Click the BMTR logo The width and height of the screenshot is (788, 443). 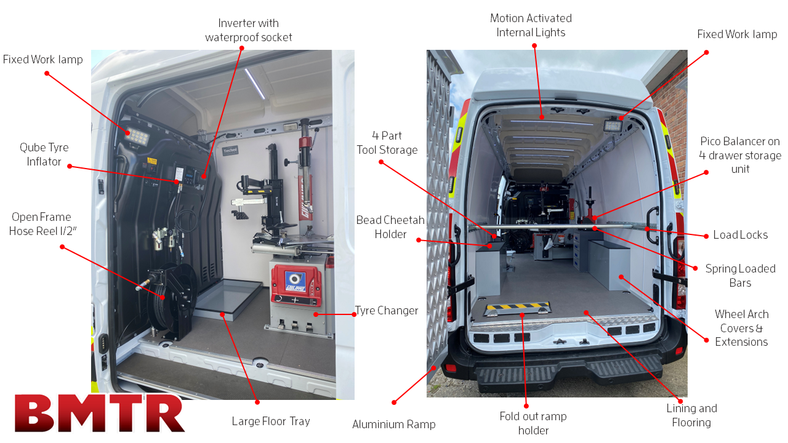tap(100, 413)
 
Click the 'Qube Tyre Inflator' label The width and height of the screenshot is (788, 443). tap(44, 154)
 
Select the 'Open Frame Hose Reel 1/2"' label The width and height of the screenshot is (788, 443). tap(42, 223)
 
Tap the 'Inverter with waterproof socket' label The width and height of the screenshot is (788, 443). tap(248, 30)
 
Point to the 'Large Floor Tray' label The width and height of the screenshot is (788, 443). tap(271, 421)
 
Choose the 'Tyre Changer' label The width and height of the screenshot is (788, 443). tap(387, 311)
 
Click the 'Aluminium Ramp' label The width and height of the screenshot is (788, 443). tap(393, 425)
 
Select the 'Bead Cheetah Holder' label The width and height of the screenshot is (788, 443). tap(390, 227)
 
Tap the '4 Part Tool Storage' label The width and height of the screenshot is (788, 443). tap(387, 143)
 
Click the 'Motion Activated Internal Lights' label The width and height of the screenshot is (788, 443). tap(531, 25)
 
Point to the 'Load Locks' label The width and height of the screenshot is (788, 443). tap(740, 235)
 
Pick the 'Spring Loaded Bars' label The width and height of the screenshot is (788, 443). tap(740, 276)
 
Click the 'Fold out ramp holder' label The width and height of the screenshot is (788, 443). tap(533, 423)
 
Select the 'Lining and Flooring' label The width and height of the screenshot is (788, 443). tap(691, 415)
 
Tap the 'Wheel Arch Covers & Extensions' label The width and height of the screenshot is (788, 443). tap(742, 328)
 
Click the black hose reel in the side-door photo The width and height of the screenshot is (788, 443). tap(172, 301)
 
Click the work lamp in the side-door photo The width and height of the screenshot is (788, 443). tap(137, 136)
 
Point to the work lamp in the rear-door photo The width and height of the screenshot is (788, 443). tap(613, 125)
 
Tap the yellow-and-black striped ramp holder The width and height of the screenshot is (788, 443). tap(517, 308)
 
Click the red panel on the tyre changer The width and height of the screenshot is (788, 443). tap(296, 285)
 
